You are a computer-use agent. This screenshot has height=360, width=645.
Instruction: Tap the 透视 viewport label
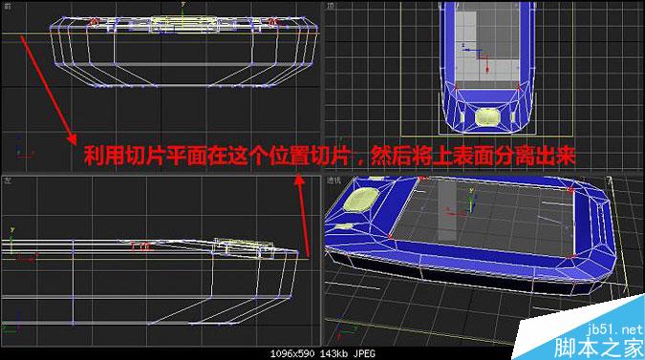333,180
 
